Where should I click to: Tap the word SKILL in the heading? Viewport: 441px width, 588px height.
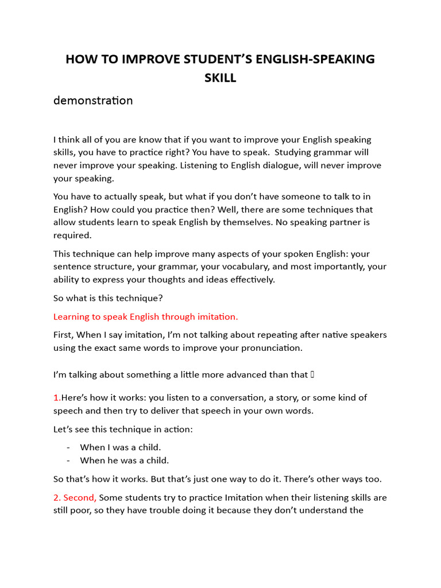click(220, 78)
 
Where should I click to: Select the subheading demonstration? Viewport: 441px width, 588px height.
click(93, 100)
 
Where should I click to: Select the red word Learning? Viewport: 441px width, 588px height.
click(72, 316)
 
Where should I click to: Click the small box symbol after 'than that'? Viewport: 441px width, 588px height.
click(312, 375)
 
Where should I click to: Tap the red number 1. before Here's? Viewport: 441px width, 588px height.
click(57, 397)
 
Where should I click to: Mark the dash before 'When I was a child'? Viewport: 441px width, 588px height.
click(68, 447)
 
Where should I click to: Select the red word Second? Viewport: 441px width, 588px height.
click(80, 497)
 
